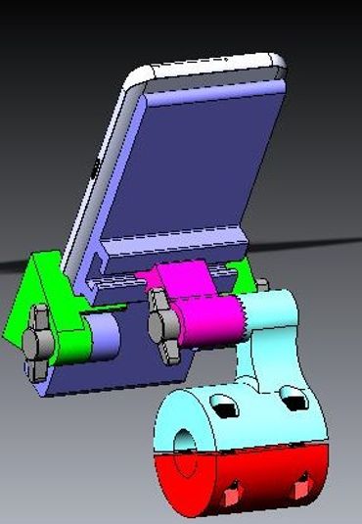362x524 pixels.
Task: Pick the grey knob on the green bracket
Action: click(x=38, y=340)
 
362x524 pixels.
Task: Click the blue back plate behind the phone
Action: click(x=205, y=167)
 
